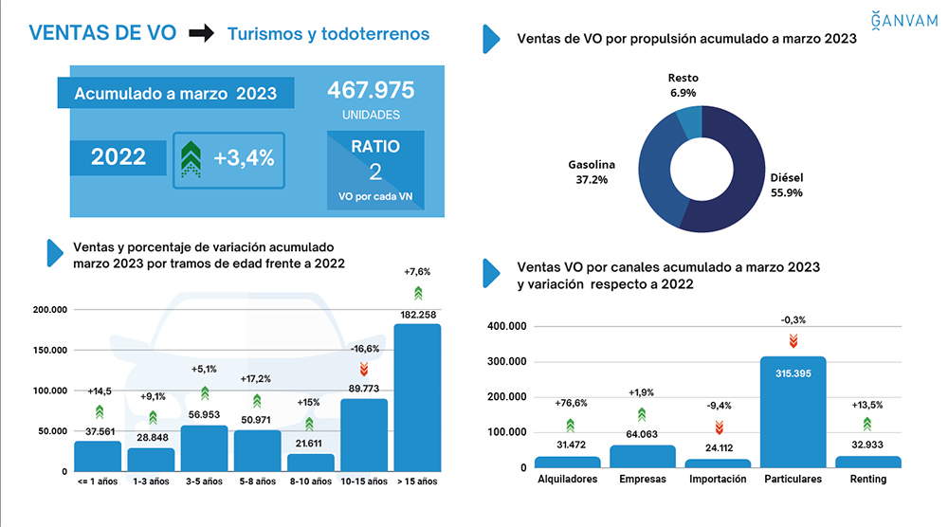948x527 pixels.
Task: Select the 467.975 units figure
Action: pyautogui.click(x=371, y=91)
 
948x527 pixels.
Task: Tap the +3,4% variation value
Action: pyautogui.click(x=244, y=158)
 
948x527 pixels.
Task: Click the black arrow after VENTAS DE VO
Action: pyautogui.click(x=201, y=34)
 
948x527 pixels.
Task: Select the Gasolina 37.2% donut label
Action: pyautogui.click(x=592, y=172)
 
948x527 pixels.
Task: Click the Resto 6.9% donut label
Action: pyautogui.click(x=683, y=85)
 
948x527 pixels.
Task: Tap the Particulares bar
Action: pyautogui.click(x=793, y=412)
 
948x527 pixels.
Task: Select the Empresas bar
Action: pyautogui.click(x=642, y=456)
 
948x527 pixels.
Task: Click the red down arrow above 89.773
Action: pyautogui.click(x=363, y=370)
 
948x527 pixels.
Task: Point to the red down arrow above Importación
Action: pyautogui.click(x=718, y=427)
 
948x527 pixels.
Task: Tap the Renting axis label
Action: pyautogui.click(x=867, y=480)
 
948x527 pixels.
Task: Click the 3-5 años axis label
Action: pyautogui.click(x=205, y=482)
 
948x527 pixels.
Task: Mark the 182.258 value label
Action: pyautogui.click(x=417, y=314)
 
